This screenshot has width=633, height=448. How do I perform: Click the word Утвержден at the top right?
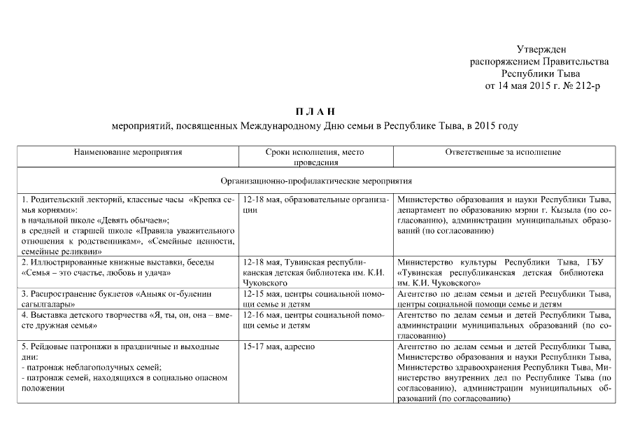tap(541, 49)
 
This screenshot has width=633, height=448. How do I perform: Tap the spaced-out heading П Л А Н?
tap(315, 111)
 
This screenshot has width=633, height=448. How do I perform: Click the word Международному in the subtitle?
tap(278, 127)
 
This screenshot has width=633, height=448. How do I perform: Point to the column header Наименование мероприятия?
tap(128, 152)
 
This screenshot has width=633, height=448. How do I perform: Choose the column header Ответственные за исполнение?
tap(503, 152)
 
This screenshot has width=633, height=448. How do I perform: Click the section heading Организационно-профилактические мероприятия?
tap(316, 180)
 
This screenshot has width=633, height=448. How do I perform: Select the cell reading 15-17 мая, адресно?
tap(278, 347)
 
